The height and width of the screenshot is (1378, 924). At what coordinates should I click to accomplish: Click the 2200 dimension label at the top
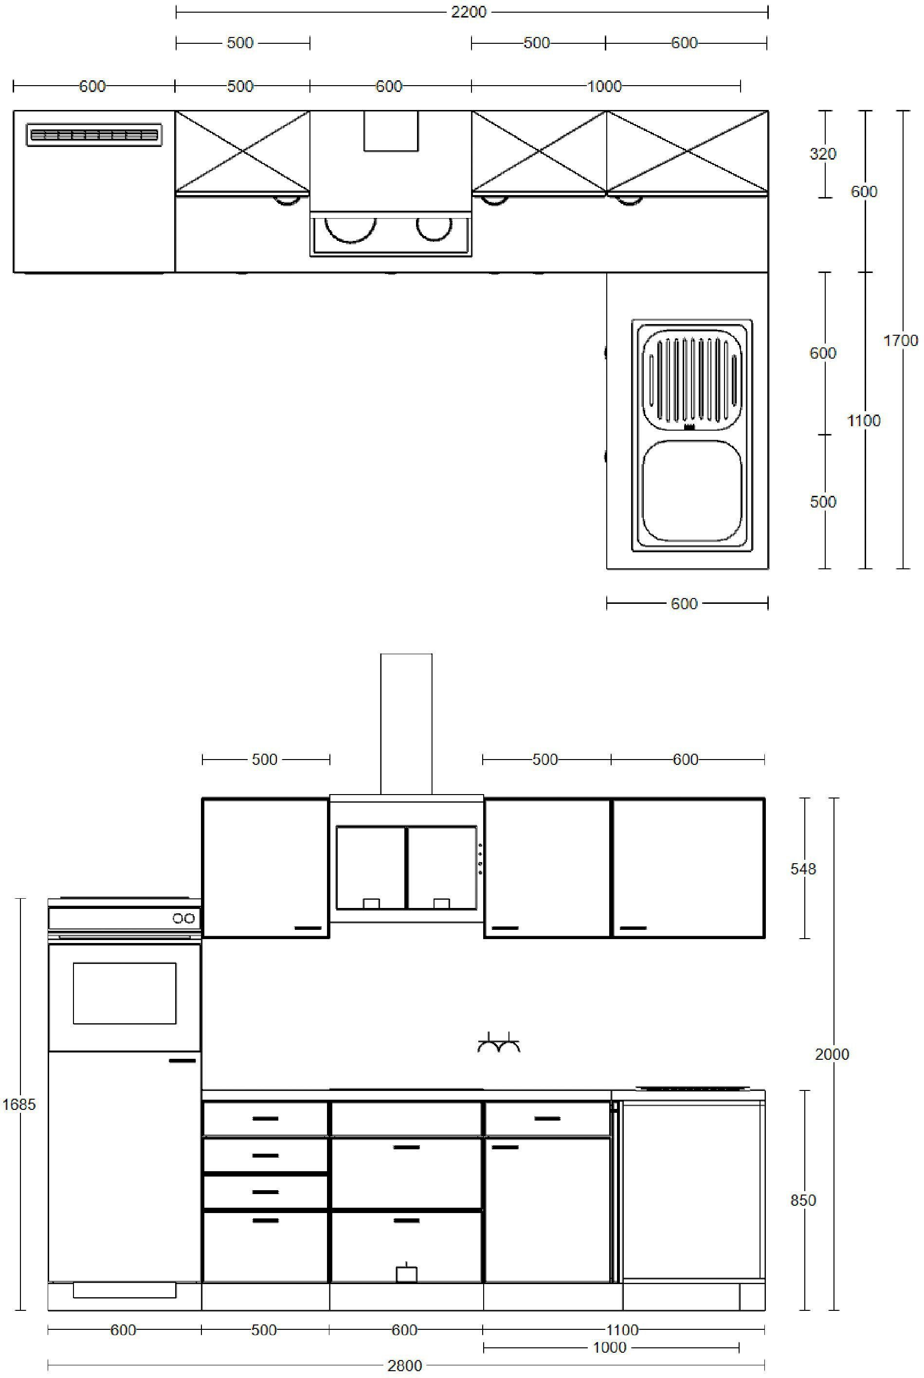click(x=469, y=12)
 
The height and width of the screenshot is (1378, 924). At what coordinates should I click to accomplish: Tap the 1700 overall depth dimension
click(x=900, y=341)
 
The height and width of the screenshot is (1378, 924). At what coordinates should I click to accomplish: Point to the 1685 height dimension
click(x=19, y=1104)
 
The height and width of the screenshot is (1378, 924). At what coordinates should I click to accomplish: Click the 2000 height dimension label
click(x=832, y=1054)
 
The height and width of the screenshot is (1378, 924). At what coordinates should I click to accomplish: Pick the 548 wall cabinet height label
click(x=803, y=869)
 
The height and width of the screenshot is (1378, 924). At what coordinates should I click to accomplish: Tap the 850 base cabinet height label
click(x=803, y=1200)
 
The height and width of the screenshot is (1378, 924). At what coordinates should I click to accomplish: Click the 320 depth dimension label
click(x=823, y=154)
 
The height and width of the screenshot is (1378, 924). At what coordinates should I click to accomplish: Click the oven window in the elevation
click(x=125, y=993)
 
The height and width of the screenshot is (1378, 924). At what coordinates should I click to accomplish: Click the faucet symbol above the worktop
click(x=499, y=1043)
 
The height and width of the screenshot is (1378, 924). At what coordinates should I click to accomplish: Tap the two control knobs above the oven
click(x=183, y=918)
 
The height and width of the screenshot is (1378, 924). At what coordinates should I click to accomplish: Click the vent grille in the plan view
click(x=94, y=135)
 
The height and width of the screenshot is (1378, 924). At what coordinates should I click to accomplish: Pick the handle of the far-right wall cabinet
click(x=633, y=928)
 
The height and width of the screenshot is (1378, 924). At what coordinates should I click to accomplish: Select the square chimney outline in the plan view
click(x=391, y=131)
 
